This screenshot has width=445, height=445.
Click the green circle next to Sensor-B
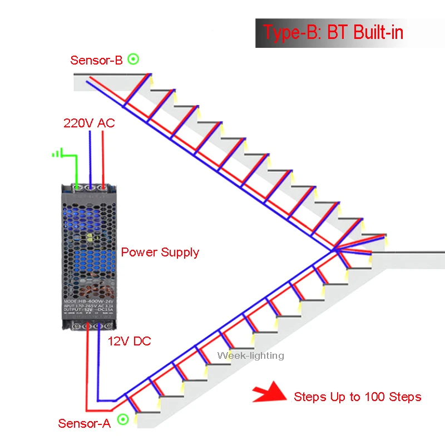coord(133,58)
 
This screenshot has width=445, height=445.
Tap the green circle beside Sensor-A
coord(123,420)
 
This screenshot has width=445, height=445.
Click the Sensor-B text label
coord(96,60)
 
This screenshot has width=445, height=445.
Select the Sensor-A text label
coord(85,423)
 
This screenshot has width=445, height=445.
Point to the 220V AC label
coord(89,123)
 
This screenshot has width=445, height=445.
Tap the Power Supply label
coord(160,252)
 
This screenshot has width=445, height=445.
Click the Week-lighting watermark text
coord(250,355)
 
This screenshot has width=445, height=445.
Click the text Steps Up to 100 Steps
coord(357,397)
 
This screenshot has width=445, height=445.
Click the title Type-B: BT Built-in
coord(333,32)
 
